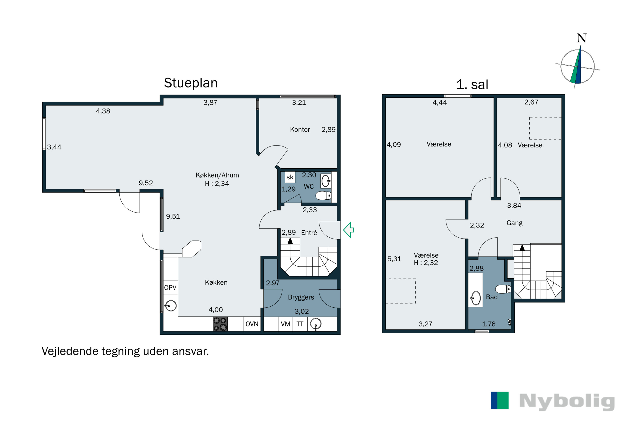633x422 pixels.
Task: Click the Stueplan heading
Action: point(191,83)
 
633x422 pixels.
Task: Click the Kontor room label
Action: point(300,130)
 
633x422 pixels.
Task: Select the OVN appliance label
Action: point(252,324)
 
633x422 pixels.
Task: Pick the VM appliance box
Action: point(285,324)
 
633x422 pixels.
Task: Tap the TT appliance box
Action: point(300,324)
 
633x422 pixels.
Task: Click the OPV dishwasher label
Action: point(170,287)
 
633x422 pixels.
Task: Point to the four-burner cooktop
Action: point(220,324)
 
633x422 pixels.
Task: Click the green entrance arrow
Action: point(349,230)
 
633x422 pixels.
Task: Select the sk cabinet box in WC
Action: point(290,177)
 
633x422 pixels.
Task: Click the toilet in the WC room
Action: point(323,195)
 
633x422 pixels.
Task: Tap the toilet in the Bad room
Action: point(503,289)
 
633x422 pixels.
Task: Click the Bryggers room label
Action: point(301,297)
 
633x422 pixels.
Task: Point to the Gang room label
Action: point(514,223)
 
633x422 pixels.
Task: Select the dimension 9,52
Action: point(146,183)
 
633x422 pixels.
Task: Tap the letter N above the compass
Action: point(582,38)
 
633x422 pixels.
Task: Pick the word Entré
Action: point(309,233)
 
